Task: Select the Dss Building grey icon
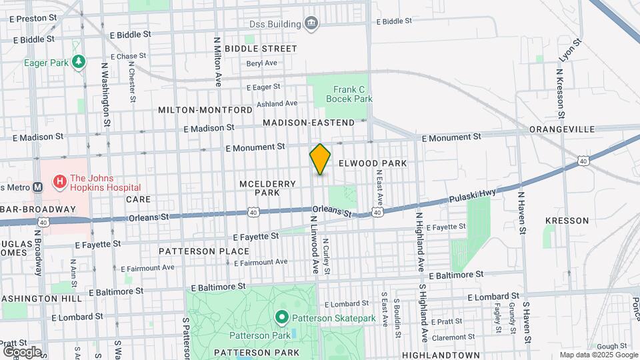pyautogui.click(x=311, y=25)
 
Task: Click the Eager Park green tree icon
pyautogui.click(x=79, y=62)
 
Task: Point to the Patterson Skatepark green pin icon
pyautogui.click(x=281, y=318)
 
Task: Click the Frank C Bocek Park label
pyautogui.click(x=349, y=93)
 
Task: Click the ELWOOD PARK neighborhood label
pyautogui.click(x=382, y=163)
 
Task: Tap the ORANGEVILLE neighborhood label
pyautogui.click(x=561, y=129)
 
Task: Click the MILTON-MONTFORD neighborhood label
pyautogui.click(x=205, y=109)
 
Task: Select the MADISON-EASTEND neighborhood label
pyautogui.click(x=309, y=123)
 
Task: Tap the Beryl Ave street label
pyautogui.click(x=261, y=63)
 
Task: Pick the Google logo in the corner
pyautogui.click(x=21, y=351)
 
